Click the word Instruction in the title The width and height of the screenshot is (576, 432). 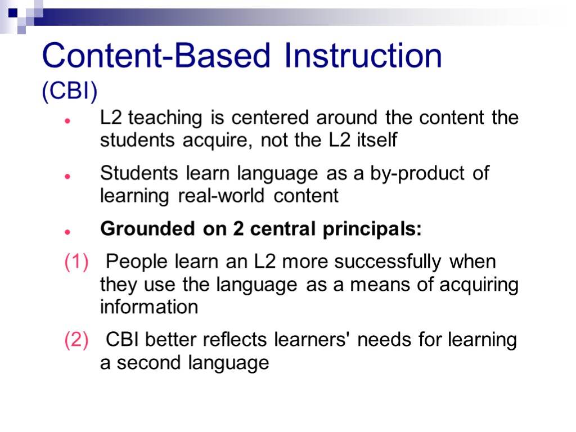363,56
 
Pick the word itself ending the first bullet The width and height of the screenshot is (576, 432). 377,141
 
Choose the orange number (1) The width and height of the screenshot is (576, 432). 76,263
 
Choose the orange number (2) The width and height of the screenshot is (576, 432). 76,340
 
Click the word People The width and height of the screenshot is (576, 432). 134,263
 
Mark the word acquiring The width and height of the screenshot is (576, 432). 479,285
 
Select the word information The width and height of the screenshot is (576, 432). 149,307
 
